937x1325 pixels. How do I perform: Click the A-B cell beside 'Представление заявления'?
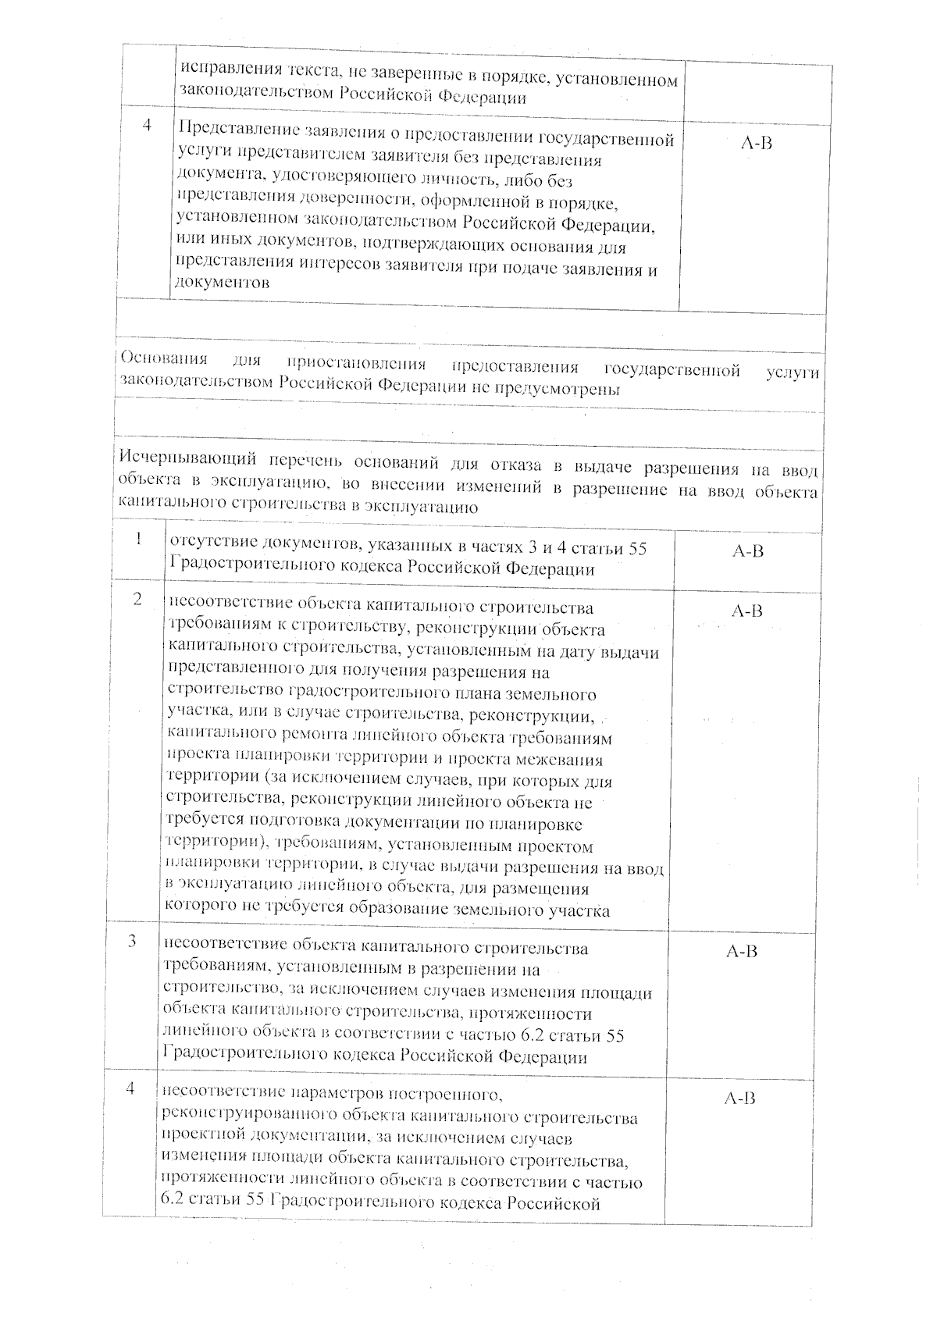point(754,144)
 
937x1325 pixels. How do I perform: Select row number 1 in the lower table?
point(138,540)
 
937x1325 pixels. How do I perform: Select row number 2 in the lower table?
point(137,600)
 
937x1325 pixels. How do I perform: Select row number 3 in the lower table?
point(134,941)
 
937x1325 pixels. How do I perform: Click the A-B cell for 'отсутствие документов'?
point(747,551)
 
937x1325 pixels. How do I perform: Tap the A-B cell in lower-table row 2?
point(746,611)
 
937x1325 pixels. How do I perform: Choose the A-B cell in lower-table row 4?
point(739,1099)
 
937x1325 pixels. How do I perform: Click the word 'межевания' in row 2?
point(563,759)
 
